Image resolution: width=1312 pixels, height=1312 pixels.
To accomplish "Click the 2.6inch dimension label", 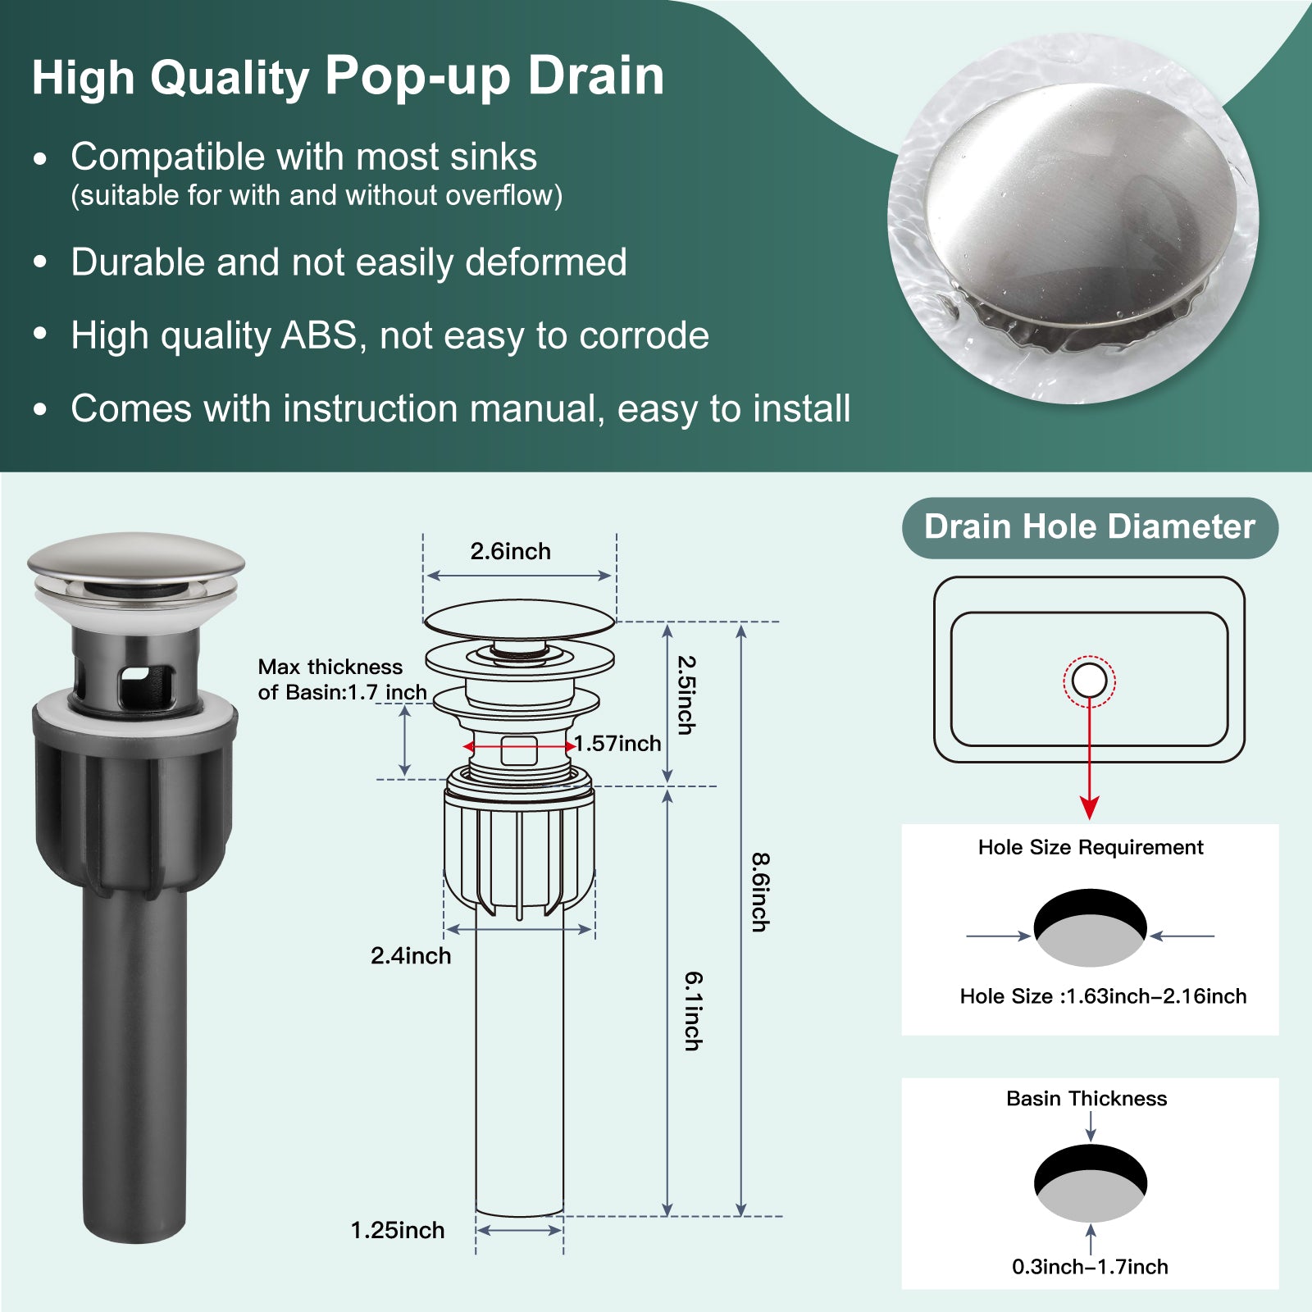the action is tap(510, 552).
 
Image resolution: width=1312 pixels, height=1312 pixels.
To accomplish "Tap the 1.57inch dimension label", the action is tap(617, 744).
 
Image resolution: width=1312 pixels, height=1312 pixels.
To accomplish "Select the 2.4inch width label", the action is tap(411, 956).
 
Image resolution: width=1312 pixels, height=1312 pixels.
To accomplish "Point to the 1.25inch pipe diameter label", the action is tap(398, 1231).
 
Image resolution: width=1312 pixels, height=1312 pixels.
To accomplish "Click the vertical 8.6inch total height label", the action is tap(761, 892).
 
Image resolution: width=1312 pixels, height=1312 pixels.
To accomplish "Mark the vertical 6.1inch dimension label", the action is tap(694, 1011).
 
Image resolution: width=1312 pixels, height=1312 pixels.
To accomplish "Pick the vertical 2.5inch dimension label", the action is tap(686, 695).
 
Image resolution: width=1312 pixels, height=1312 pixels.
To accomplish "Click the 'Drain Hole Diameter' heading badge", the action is tap(1090, 527).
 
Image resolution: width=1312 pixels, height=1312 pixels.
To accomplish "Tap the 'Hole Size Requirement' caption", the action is tap(1091, 847).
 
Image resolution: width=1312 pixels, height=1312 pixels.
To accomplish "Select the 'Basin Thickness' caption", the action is tap(1086, 1099).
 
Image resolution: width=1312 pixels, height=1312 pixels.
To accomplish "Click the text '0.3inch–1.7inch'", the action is tap(1090, 1267).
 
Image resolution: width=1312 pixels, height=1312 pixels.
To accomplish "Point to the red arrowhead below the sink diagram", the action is tap(1090, 807).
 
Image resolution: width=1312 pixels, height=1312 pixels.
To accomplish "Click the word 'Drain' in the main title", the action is tap(596, 76).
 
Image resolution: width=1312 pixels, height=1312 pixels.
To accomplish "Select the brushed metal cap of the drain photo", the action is tap(136, 556).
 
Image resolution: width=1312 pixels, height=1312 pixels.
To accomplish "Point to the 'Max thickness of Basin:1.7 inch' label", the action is tap(343, 680).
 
